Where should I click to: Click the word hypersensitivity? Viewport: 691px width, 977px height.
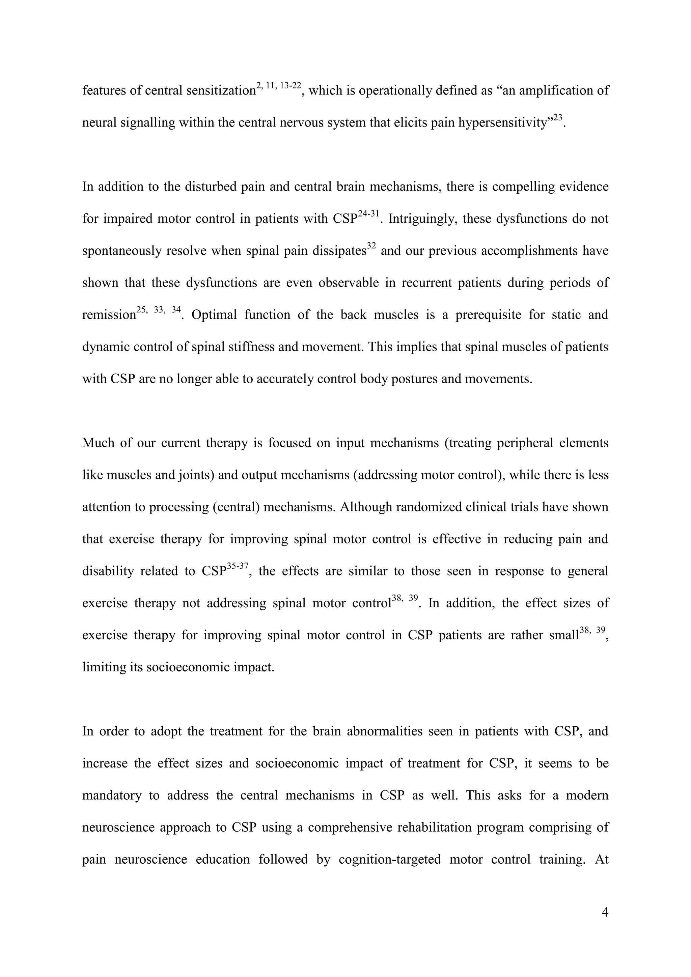pyautogui.click(x=502, y=123)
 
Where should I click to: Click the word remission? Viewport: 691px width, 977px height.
pyautogui.click(x=109, y=315)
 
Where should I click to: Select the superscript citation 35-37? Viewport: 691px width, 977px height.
pyautogui.click(x=238, y=566)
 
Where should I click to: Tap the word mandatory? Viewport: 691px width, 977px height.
pyautogui.click(x=111, y=795)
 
